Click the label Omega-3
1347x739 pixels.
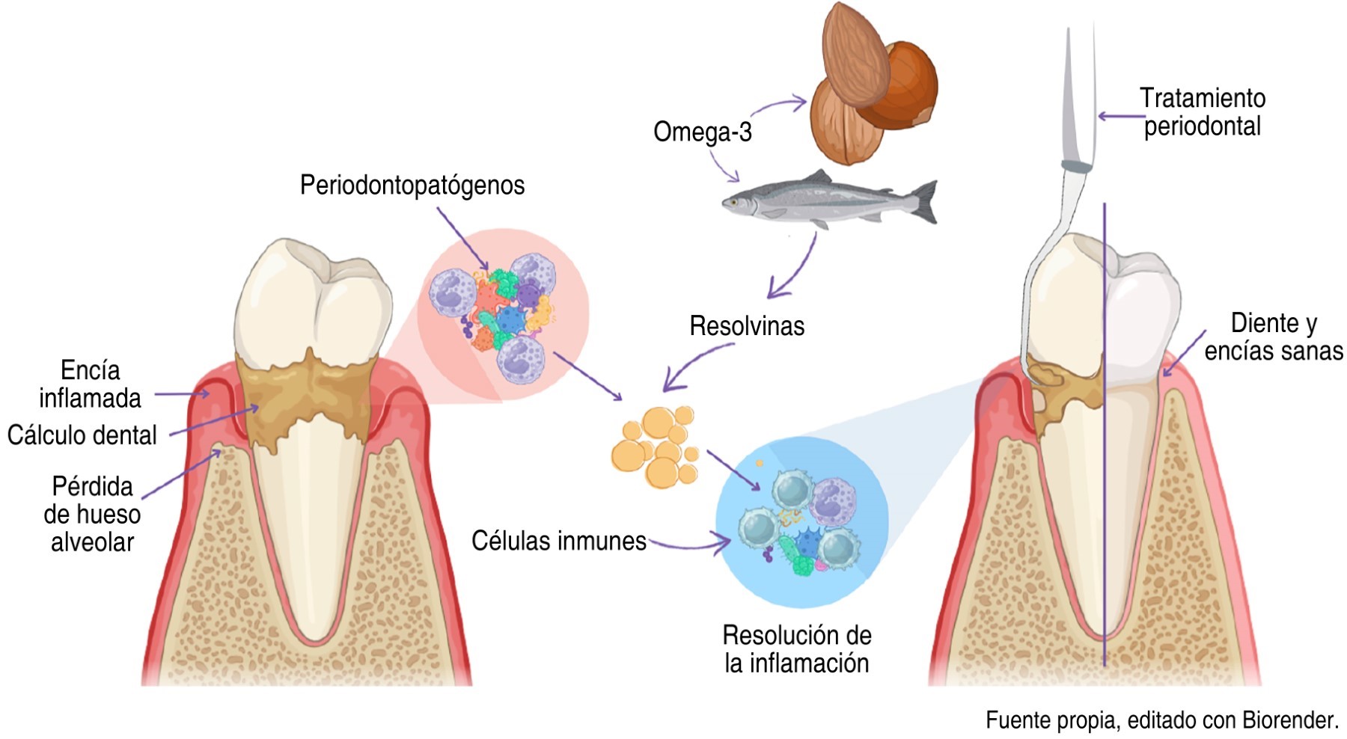point(702,132)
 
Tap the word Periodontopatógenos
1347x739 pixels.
point(412,185)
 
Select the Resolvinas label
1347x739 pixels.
point(747,327)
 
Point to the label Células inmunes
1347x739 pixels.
point(558,541)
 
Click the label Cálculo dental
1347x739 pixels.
point(82,435)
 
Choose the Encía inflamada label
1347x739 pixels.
point(90,384)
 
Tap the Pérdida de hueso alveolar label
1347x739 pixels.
point(92,514)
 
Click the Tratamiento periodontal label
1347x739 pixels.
point(1202,112)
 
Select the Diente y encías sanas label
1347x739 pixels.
point(1273,337)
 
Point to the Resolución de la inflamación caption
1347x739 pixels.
point(797,649)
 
